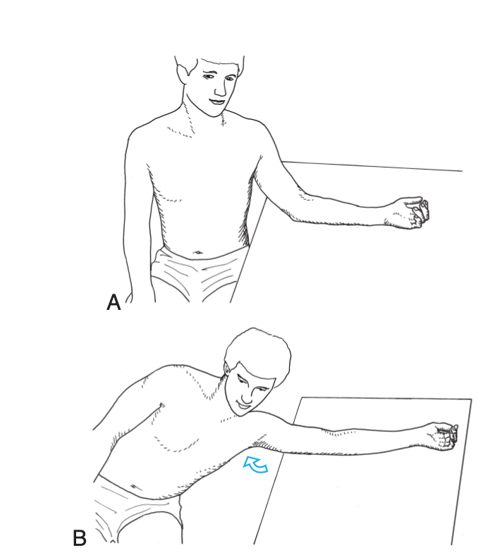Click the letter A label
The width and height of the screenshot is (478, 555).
114,303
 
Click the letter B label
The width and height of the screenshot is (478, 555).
80,538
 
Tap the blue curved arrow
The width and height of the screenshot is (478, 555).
255,464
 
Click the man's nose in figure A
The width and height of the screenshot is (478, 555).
220,89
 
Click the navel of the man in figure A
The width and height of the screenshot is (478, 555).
197,253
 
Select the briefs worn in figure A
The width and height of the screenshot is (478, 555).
197,274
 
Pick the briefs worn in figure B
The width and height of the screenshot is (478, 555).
136,510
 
